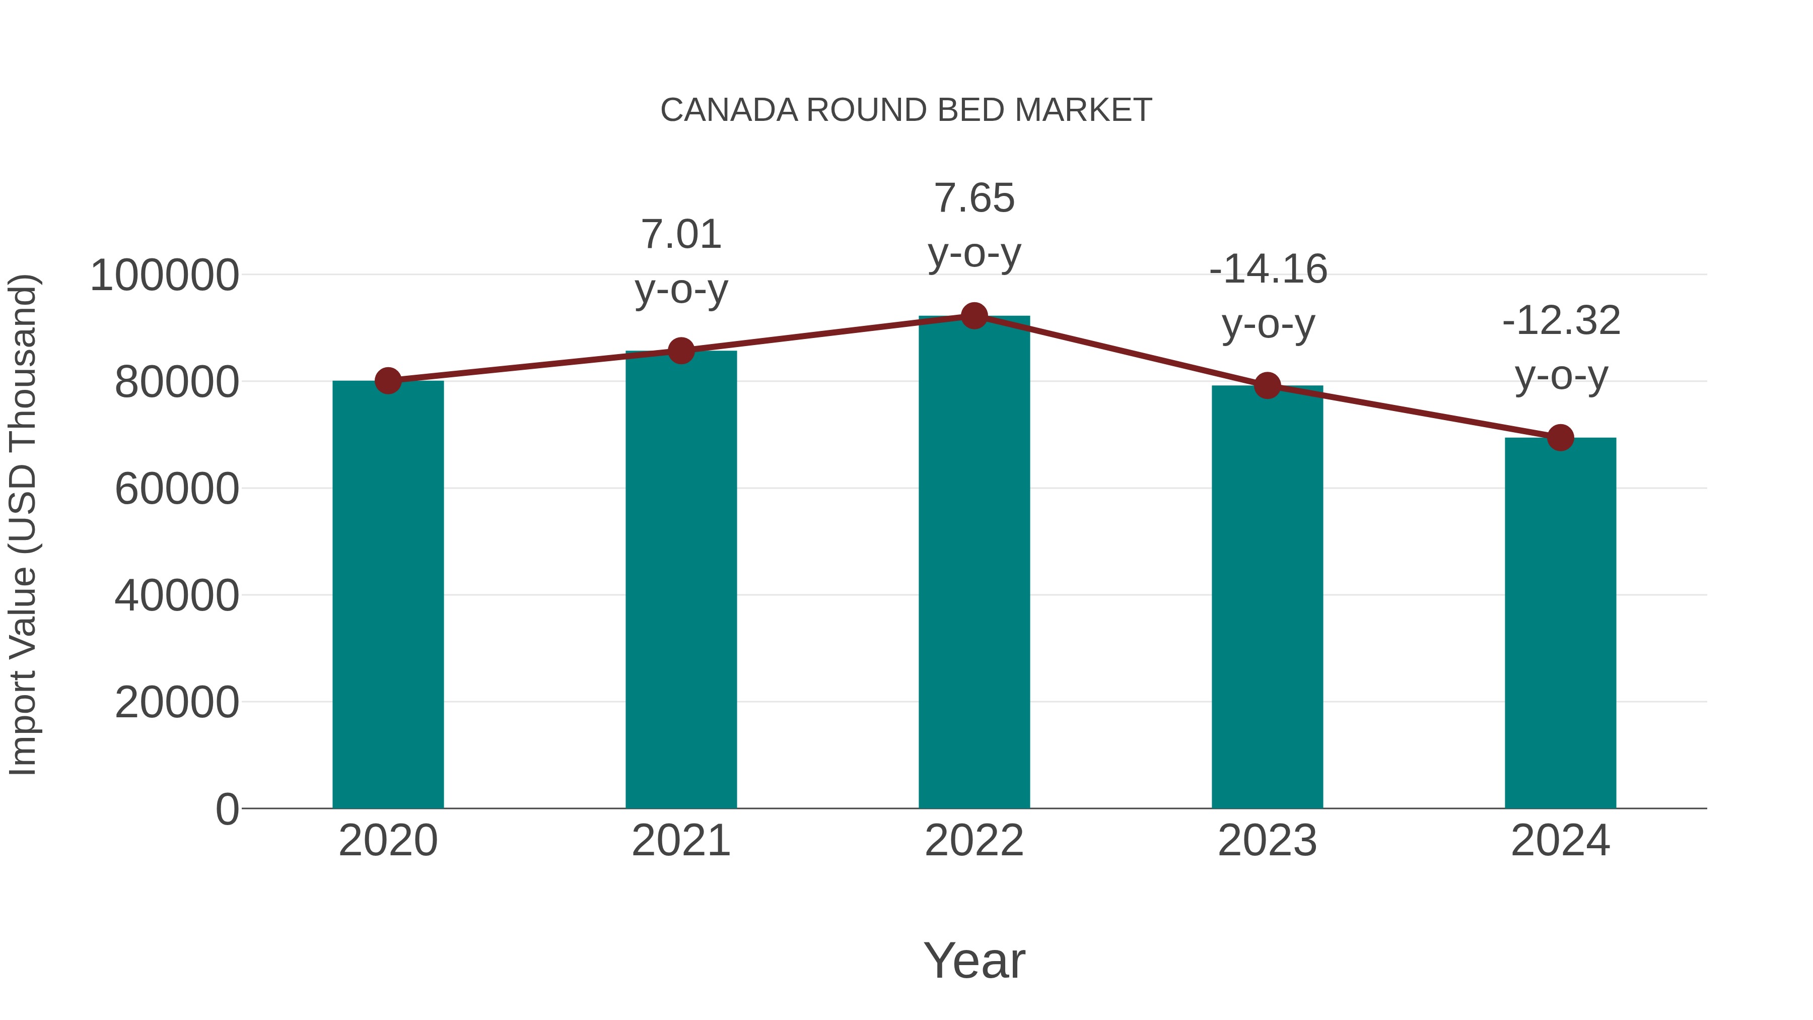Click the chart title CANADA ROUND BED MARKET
(x=906, y=110)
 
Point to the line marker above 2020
(x=388, y=381)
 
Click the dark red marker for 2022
(x=974, y=316)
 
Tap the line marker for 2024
(x=1560, y=438)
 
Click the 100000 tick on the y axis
(x=165, y=275)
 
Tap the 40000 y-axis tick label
(x=177, y=595)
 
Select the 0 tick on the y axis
(x=227, y=809)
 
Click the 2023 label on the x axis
(x=1267, y=841)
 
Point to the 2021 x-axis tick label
(x=680, y=841)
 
